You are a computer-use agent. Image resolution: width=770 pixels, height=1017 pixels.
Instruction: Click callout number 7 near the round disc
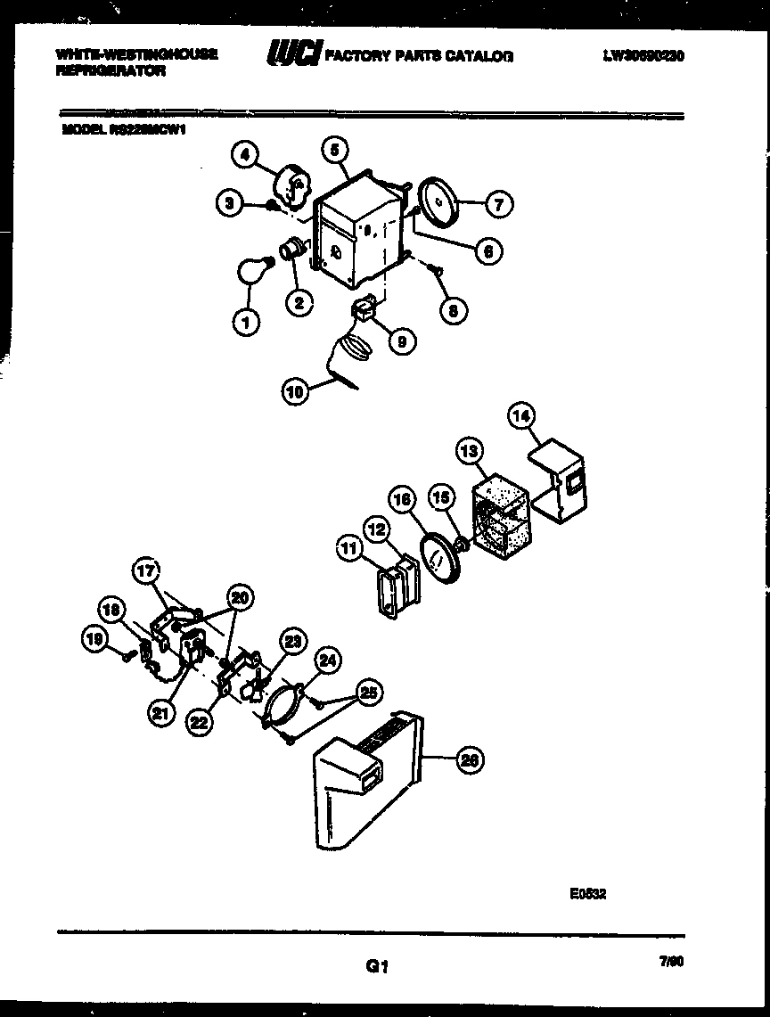[498, 205]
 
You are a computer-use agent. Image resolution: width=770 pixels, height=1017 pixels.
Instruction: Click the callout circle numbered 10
[294, 390]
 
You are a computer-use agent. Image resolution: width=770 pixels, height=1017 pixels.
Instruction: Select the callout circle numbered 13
[470, 453]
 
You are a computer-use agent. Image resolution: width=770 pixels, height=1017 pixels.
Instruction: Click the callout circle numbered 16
[402, 501]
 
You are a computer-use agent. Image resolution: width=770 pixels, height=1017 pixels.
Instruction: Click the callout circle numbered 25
[366, 692]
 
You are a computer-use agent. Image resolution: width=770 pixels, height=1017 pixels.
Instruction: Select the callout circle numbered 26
[469, 760]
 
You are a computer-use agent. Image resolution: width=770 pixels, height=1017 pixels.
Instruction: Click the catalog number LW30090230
[643, 55]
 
